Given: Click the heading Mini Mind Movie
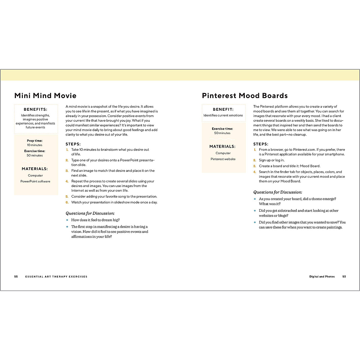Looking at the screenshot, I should coord(45,96).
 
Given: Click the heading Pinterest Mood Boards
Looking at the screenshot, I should coord(245,96).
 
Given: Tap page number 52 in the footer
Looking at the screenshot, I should coord(16,277).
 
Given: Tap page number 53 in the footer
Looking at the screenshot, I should coord(344,277).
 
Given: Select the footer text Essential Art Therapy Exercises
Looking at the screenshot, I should coord(56,277).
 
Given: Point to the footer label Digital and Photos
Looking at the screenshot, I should coord(322,277).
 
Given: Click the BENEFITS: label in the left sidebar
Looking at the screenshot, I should coord(35,109).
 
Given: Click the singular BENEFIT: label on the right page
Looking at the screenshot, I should coord(223,109).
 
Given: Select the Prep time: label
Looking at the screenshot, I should coord(35,141).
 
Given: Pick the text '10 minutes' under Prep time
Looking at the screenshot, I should coord(35,145).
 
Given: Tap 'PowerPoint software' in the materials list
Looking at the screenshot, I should coord(35,181).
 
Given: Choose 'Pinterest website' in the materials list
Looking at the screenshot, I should coord(223,159).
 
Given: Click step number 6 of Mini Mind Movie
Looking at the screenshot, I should coord(67,202).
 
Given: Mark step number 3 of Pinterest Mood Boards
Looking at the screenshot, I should coord(255,166).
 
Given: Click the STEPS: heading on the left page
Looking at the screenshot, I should coord(73,144).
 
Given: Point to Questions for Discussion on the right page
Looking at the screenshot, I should coord(277,192).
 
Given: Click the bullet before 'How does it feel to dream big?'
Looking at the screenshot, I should coord(67,220).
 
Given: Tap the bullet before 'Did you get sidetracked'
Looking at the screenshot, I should coord(255,211).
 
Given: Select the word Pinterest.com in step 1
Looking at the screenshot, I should coord(304,150).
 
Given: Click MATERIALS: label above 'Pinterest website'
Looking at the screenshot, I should coord(223,147).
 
